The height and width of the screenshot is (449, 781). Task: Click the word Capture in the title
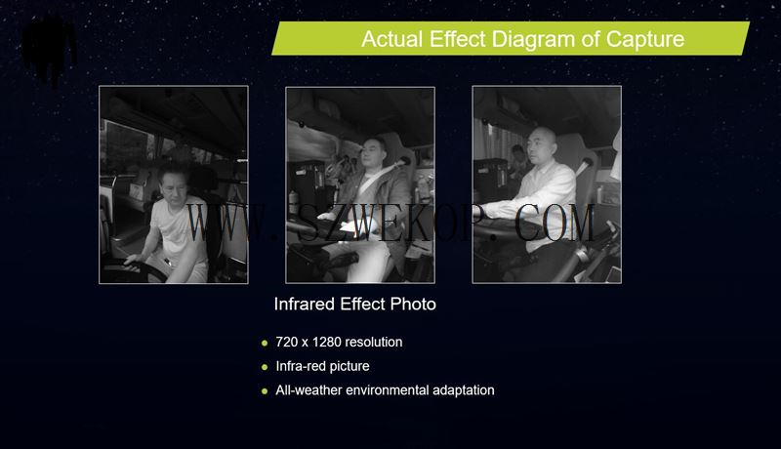click(x=645, y=39)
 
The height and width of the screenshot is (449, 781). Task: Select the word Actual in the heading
click(x=392, y=39)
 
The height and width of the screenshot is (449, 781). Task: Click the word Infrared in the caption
click(x=305, y=304)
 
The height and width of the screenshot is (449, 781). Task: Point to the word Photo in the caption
click(x=413, y=304)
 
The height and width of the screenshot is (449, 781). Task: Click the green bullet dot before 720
click(x=265, y=343)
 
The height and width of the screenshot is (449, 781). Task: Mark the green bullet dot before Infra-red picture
click(x=265, y=367)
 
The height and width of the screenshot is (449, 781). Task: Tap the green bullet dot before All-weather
click(x=265, y=391)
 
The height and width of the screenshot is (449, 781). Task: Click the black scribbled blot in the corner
click(x=49, y=47)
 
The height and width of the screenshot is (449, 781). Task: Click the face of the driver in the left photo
click(x=174, y=187)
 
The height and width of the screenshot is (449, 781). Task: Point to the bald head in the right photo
click(x=542, y=136)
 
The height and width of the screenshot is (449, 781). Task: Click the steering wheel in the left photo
click(x=135, y=269)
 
